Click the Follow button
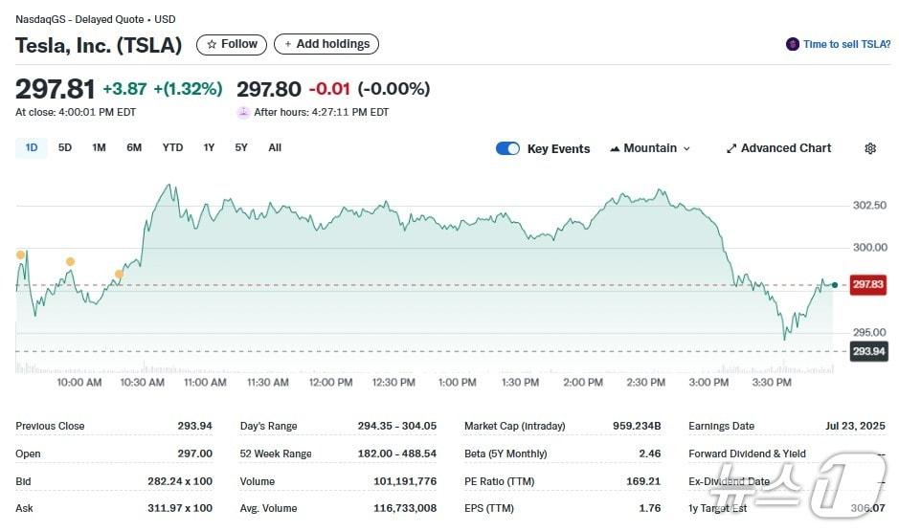pyautogui.click(x=232, y=44)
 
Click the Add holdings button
pyautogui.click(x=326, y=44)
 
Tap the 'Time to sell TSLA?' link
pyautogui.click(x=838, y=44)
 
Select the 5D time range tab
pyautogui.click(x=65, y=147)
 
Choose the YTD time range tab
pyautogui.click(x=172, y=147)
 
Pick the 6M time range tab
pyautogui.click(x=134, y=147)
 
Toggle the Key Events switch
pyautogui.click(x=507, y=148)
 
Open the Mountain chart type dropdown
pyautogui.click(x=650, y=148)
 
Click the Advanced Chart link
pyautogui.click(x=778, y=148)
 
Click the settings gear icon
pyautogui.click(x=870, y=148)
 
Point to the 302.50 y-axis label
pyautogui.click(x=869, y=206)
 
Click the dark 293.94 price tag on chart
pyautogui.click(x=869, y=351)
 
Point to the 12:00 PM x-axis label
pyautogui.click(x=330, y=383)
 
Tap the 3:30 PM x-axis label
pyautogui.click(x=772, y=383)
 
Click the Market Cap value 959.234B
pyautogui.click(x=637, y=427)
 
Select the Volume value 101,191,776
pyautogui.click(x=408, y=481)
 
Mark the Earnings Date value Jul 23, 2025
pyautogui.click(x=854, y=427)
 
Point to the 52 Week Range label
pyautogui.click(x=277, y=454)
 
